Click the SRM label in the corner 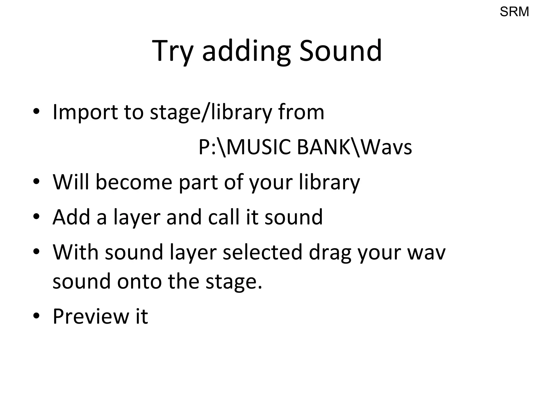[514, 12]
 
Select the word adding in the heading [246, 51]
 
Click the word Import [85, 112]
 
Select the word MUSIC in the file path [259, 147]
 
